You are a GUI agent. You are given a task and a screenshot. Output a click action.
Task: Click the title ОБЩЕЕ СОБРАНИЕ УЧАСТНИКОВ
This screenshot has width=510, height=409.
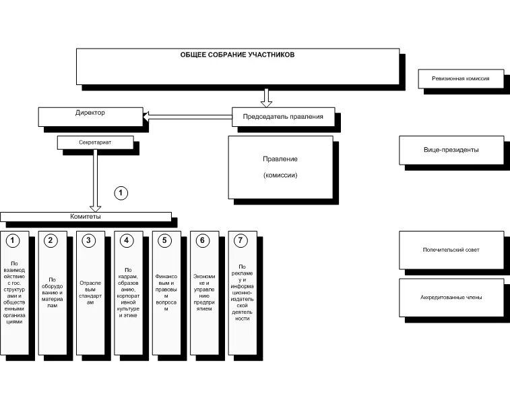pyautogui.click(x=237, y=55)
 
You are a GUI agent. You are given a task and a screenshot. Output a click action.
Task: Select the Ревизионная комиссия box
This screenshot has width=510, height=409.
pyautogui.click(x=461, y=79)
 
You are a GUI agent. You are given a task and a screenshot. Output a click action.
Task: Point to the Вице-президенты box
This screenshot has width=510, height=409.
pyautogui.click(x=451, y=150)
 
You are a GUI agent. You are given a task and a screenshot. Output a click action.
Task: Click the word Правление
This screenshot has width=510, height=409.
pyautogui.click(x=280, y=159)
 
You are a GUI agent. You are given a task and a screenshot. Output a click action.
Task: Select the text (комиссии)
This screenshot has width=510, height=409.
pyautogui.click(x=280, y=175)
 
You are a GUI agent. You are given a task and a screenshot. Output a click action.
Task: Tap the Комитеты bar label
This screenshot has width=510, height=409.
pyautogui.click(x=86, y=217)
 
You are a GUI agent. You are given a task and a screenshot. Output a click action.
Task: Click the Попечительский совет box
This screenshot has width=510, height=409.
pyautogui.click(x=451, y=250)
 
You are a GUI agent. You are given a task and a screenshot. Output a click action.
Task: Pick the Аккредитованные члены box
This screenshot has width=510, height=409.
pyautogui.click(x=451, y=297)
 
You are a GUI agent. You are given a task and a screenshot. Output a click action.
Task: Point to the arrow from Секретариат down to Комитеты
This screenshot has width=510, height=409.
pyautogui.click(x=96, y=179)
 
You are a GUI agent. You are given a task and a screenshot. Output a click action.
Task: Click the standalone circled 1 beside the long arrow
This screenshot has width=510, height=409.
pyautogui.click(x=121, y=193)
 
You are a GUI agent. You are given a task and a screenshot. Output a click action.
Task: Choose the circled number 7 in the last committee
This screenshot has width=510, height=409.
pyautogui.click(x=241, y=240)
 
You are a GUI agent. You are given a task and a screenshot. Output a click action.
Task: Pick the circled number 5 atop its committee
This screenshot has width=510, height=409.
pyautogui.click(x=165, y=240)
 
